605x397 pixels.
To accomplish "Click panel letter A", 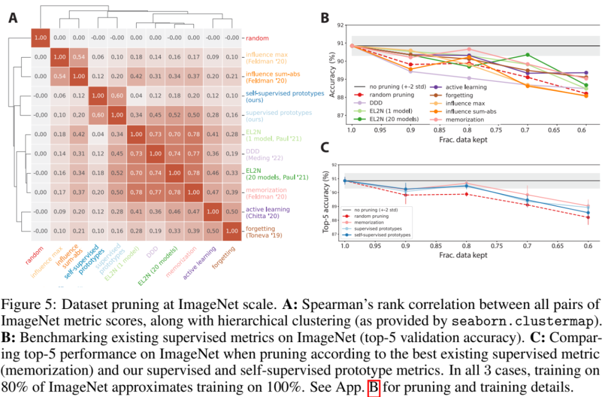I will [12, 18].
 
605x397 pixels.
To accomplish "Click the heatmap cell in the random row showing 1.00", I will [40, 38].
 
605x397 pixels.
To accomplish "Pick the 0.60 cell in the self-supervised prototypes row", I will [117, 96].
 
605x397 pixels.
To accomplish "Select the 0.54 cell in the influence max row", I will [79, 57].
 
